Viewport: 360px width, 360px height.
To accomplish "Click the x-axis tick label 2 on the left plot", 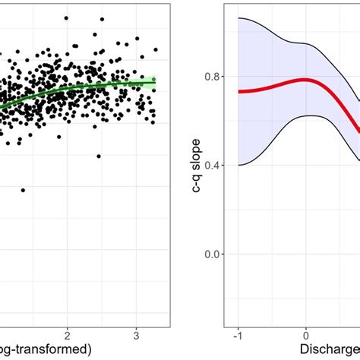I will point(68,335).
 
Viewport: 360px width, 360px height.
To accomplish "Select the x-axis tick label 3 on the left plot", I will point(135,335).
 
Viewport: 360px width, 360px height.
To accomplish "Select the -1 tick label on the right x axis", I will point(238,335).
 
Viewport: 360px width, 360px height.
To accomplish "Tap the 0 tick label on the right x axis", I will point(305,335).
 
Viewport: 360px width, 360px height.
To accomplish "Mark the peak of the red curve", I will point(304,80).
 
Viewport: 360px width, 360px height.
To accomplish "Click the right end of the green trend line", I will point(155,81).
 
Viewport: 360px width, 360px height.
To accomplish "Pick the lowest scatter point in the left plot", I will point(23,190).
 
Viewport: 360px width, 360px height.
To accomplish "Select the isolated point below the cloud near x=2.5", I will point(99,156).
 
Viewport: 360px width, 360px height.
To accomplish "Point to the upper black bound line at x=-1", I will point(238,18).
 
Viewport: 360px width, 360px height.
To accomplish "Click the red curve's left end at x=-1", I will point(238,91).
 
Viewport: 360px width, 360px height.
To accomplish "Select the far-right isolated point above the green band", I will point(156,50).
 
